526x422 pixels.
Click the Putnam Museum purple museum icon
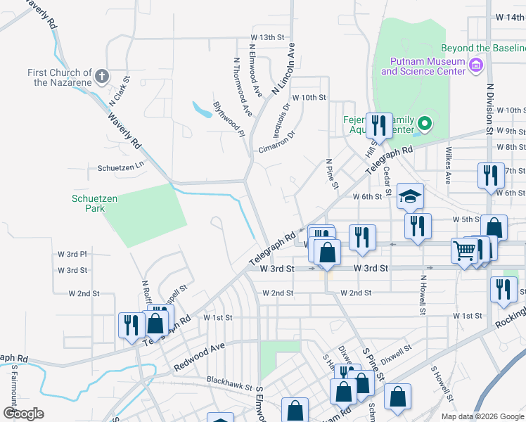tap(476, 65)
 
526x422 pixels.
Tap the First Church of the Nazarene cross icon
tap(101, 75)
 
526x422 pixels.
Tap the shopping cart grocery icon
tap(464, 252)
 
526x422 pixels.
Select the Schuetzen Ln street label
tap(120, 168)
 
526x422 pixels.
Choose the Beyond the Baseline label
tap(483, 49)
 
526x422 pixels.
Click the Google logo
tap(23, 413)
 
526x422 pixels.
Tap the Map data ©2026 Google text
tap(482, 416)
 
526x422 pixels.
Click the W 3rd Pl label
tap(72, 253)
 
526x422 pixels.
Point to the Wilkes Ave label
tap(447, 161)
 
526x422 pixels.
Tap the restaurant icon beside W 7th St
tap(490, 175)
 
